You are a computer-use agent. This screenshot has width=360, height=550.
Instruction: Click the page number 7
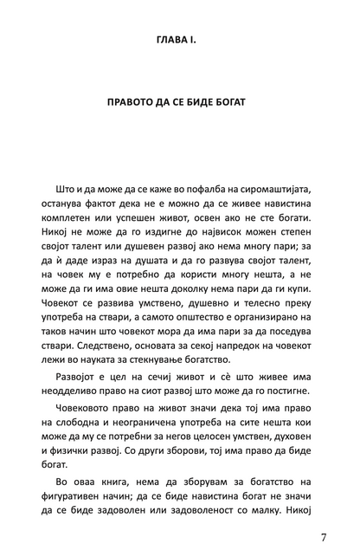324,537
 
